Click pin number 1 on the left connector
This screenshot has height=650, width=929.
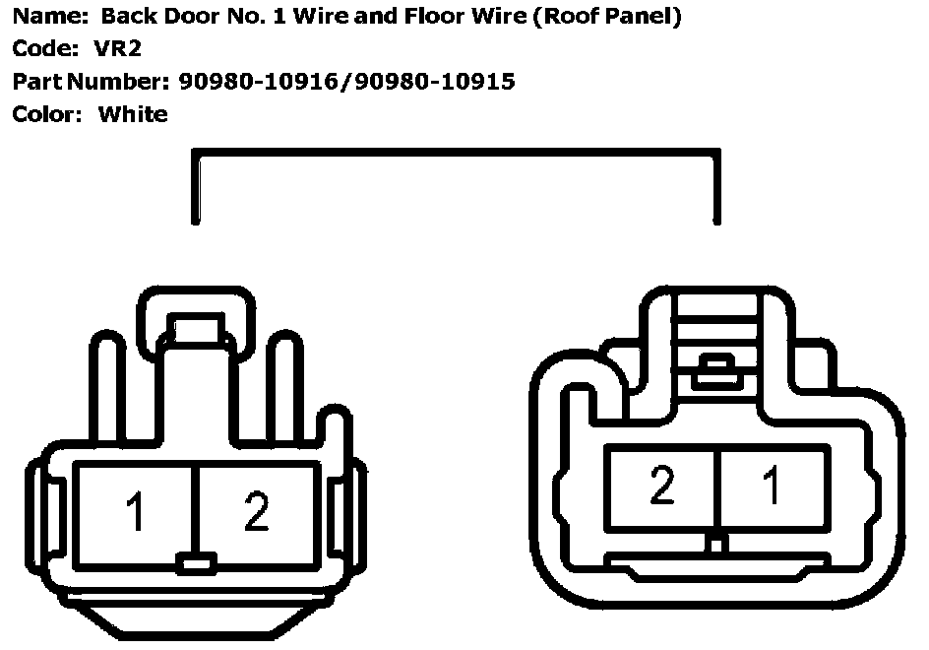136,513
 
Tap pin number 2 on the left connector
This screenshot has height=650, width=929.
256,513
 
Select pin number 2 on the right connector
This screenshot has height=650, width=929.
662,487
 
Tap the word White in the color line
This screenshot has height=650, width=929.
133,114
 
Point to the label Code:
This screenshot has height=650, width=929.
45,48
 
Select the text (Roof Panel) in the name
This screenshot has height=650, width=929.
606,17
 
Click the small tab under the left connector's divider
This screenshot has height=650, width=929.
197,564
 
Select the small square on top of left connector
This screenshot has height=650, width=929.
198,327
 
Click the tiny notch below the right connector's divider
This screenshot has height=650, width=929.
718,543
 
